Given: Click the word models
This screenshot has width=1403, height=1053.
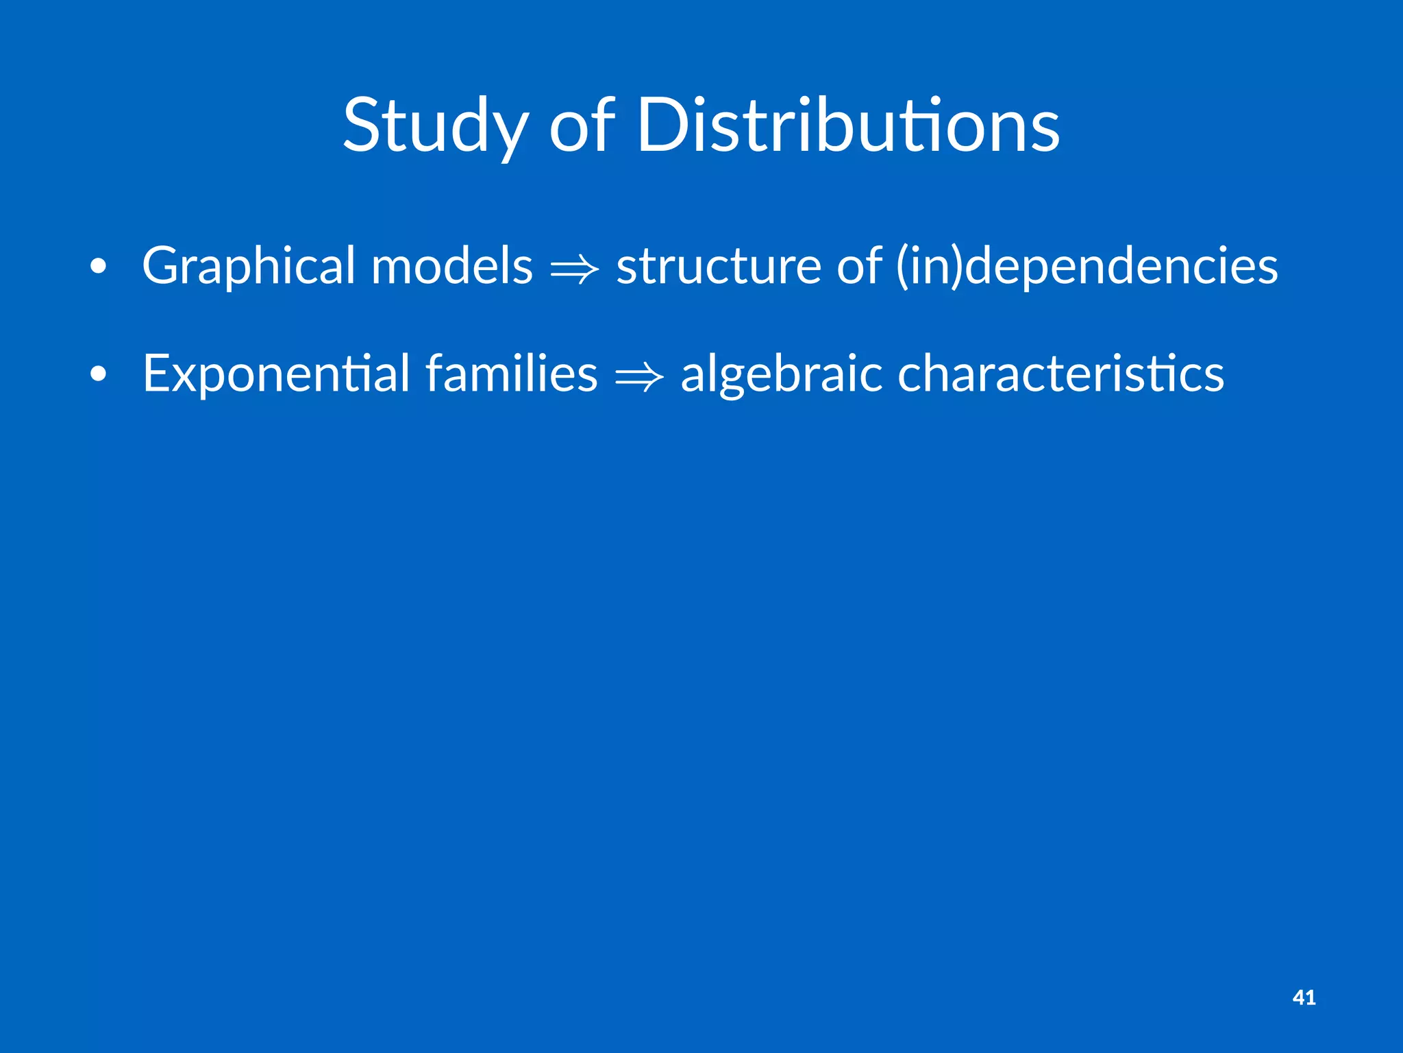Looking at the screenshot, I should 451,266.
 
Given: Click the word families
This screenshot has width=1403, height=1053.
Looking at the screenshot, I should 511,374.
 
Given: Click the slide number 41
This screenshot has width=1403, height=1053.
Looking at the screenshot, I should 1304,997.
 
